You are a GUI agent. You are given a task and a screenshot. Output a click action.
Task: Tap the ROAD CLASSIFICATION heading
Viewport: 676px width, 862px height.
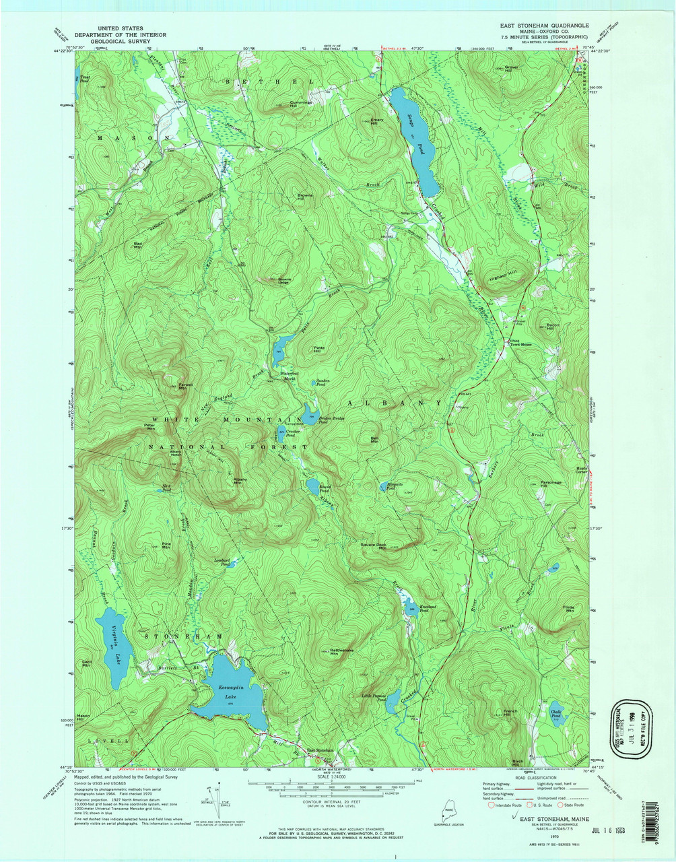[x=532, y=776]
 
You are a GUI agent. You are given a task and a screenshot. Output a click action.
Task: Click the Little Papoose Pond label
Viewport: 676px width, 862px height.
[x=374, y=697]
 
